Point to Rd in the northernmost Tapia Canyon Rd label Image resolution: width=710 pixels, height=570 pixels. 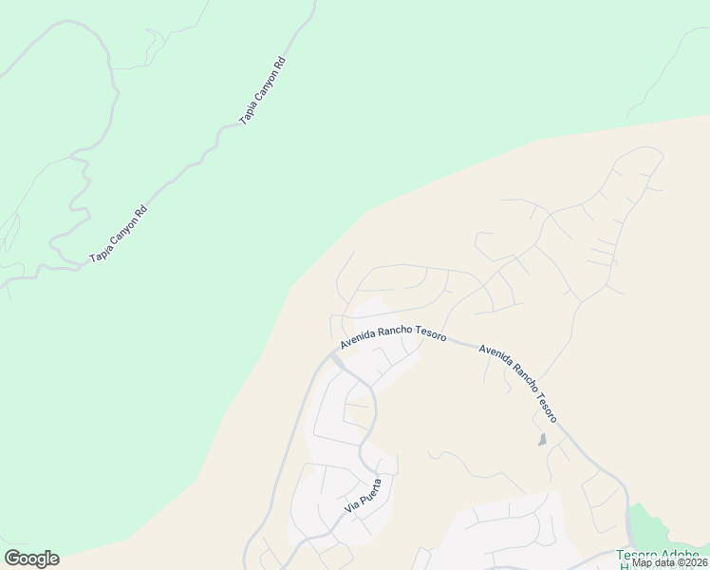coord(279,65)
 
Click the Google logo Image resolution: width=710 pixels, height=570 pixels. coord(31,559)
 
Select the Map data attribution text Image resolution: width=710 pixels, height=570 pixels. coord(669,562)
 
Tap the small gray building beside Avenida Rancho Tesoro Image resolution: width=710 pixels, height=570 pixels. coord(542,440)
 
